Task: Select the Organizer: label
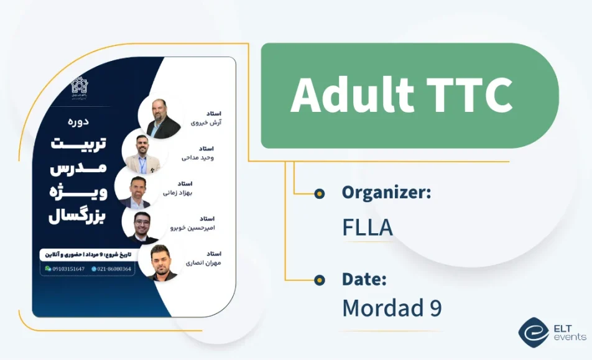pos(386,193)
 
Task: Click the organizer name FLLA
pos(368,228)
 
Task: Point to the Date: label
pos(364,279)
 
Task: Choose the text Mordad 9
pos(392,308)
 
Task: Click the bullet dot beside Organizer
pos(320,193)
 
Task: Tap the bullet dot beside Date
pos(320,280)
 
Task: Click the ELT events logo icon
pos(534,333)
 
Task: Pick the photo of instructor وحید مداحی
pos(143,154)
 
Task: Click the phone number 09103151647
pos(68,269)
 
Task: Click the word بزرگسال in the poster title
pos(78,215)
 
